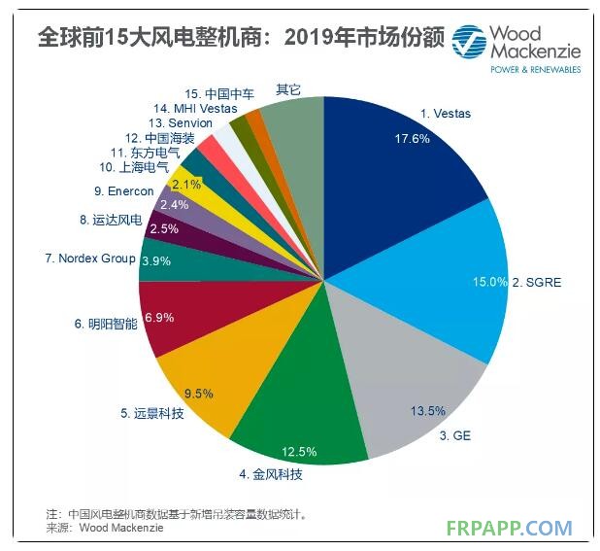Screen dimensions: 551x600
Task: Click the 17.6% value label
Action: (x=412, y=139)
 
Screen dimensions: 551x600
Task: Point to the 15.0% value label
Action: (x=489, y=282)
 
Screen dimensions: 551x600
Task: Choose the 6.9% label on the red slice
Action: (x=156, y=318)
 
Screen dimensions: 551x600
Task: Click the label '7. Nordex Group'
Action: (x=90, y=258)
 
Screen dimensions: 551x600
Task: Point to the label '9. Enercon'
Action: (x=124, y=191)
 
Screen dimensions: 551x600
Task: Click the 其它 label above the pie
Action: (x=288, y=89)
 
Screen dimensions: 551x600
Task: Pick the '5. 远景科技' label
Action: (x=153, y=413)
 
